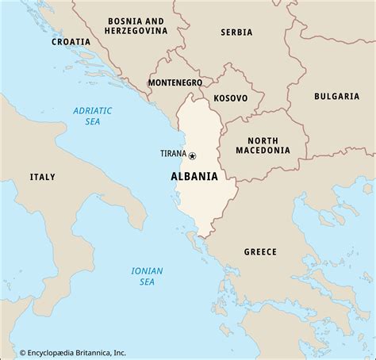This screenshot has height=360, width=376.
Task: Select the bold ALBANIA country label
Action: pos(195,176)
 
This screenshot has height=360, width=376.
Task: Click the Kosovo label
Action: pos(231,98)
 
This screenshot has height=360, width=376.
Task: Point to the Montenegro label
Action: pos(175,82)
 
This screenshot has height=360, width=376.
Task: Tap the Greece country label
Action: pos(259,251)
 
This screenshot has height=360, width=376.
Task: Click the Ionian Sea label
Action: pos(148,277)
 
